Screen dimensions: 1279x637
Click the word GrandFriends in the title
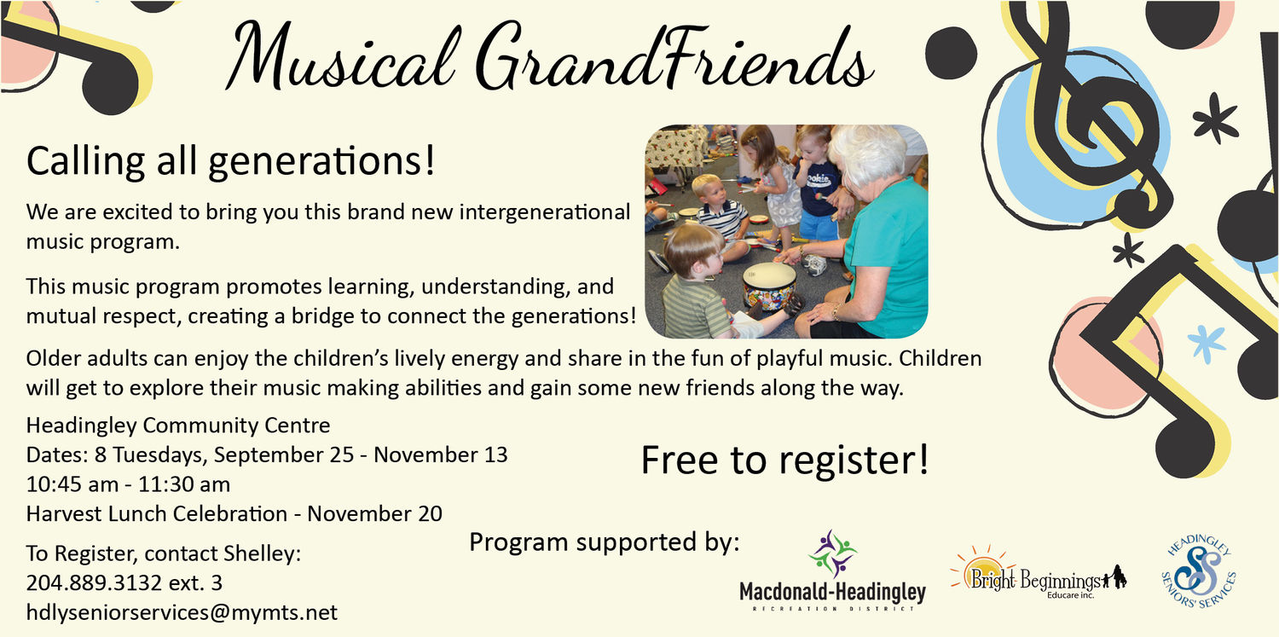[x=674, y=56]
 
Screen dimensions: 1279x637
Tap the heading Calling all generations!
[x=231, y=161]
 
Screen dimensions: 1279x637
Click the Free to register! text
[x=785, y=460]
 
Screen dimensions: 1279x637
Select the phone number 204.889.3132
[x=94, y=582]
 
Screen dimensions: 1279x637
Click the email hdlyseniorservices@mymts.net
[x=182, y=612]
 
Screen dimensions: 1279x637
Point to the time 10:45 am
[x=72, y=484]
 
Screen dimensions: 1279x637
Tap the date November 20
[x=374, y=513]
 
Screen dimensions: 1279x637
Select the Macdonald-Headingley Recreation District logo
[x=832, y=570]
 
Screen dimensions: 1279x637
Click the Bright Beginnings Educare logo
[x=1038, y=574]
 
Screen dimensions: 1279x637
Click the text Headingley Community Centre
[x=178, y=426]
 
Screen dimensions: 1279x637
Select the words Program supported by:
[x=604, y=542]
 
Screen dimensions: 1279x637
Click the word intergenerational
[x=545, y=212]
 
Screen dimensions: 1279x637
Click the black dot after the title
[x=951, y=53]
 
